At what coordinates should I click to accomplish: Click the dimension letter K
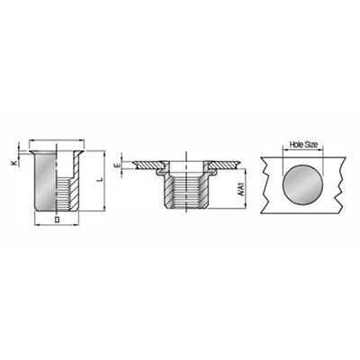coord(13,163)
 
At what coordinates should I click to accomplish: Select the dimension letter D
coord(57,220)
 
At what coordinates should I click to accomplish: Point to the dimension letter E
coord(118,166)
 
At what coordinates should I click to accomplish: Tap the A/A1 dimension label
coord(240,188)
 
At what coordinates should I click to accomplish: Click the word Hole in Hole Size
coord(296,145)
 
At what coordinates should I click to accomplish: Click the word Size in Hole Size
coord(311,145)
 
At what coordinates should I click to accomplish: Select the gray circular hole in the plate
coord(303,184)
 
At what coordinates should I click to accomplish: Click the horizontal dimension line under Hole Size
coord(303,148)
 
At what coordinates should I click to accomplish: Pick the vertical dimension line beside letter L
coord(104,181)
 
